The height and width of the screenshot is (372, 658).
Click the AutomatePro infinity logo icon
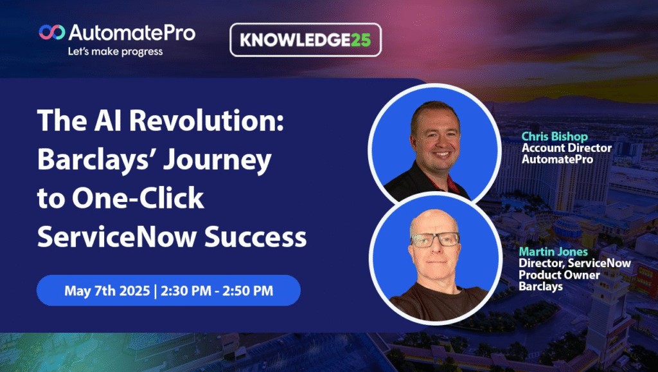52,32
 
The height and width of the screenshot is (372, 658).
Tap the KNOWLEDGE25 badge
305,40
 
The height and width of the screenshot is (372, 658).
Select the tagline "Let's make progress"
116,51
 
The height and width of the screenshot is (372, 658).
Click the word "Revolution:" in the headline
206,120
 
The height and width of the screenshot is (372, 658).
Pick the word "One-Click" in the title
138,198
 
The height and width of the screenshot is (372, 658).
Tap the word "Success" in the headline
256,237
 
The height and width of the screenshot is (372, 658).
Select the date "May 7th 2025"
107,290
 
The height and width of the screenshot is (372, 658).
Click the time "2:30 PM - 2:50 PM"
217,290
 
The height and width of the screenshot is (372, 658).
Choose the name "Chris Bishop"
555,136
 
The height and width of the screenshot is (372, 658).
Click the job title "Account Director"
567,148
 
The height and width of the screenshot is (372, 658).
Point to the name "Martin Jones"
553,252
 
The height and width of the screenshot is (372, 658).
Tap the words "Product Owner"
559,275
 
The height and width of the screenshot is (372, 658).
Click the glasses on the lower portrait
435,239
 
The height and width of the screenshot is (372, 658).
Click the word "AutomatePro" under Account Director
557,160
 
